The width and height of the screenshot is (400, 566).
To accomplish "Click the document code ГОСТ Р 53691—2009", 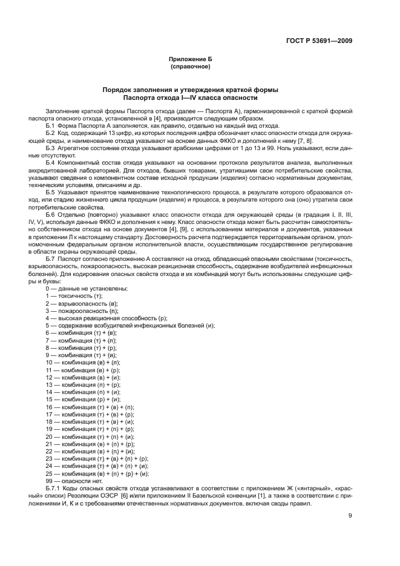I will pyautogui.click(x=319, y=41).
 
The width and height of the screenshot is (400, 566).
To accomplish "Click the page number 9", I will pyautogui.click(x=350, y=516).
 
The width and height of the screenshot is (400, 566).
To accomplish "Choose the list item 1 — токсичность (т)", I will pyautogui.click(x=74, y=296).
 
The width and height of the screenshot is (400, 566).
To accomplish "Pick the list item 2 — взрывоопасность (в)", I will pyautogui.click(x=81, y=303).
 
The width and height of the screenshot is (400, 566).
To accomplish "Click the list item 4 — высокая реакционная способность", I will pyautogui.click(x=106, y=318).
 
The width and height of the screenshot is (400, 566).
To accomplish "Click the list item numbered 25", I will pyautogui.click(x=97, y=473).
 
